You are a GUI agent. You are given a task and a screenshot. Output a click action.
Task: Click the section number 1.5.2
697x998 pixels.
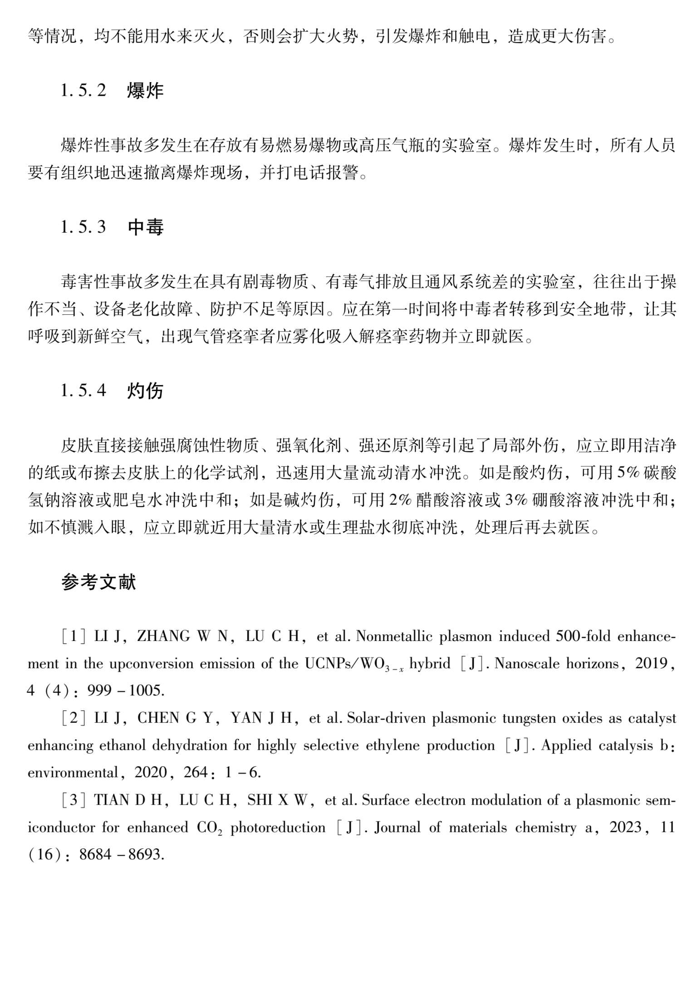[83, 91]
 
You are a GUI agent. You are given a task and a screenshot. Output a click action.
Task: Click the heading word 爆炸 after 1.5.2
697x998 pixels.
[145, 91]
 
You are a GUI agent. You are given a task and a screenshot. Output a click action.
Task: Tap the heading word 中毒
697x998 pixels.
[145, 227]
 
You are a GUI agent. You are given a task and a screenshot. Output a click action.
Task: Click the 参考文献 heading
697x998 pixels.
[99, 582]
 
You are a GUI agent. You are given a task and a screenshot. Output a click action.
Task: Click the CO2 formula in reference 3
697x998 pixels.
[209, 828]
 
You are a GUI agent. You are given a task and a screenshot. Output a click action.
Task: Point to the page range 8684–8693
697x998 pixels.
[121, 855]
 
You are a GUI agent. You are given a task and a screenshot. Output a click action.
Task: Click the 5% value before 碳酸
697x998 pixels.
[628, 473]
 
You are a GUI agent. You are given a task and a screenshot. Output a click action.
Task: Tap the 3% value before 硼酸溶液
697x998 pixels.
[517, 500]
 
